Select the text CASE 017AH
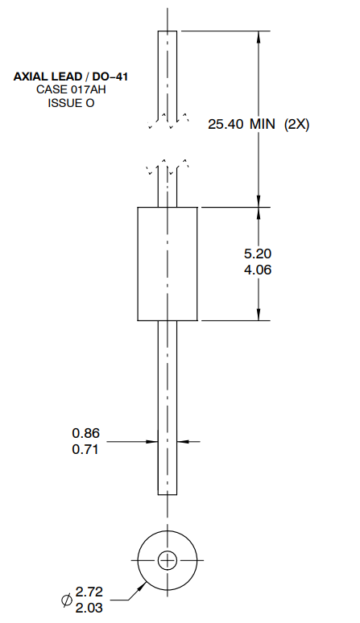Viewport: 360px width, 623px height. (x=71, y=90)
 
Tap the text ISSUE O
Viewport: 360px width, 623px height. (x=71, y=103)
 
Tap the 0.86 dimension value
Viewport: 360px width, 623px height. (x=85, y=433)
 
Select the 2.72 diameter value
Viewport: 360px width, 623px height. (x=89, y=592)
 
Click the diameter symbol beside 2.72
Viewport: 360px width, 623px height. (x=67, y=600)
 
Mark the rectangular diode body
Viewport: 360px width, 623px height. (x=168, y=263)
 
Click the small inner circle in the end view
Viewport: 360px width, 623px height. (x=168, y=561)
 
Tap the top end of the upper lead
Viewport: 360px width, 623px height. (x=168, y=32)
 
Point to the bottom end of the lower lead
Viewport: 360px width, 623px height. (x=168, y=493)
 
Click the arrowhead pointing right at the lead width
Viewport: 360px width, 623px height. (x=152, y=441)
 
